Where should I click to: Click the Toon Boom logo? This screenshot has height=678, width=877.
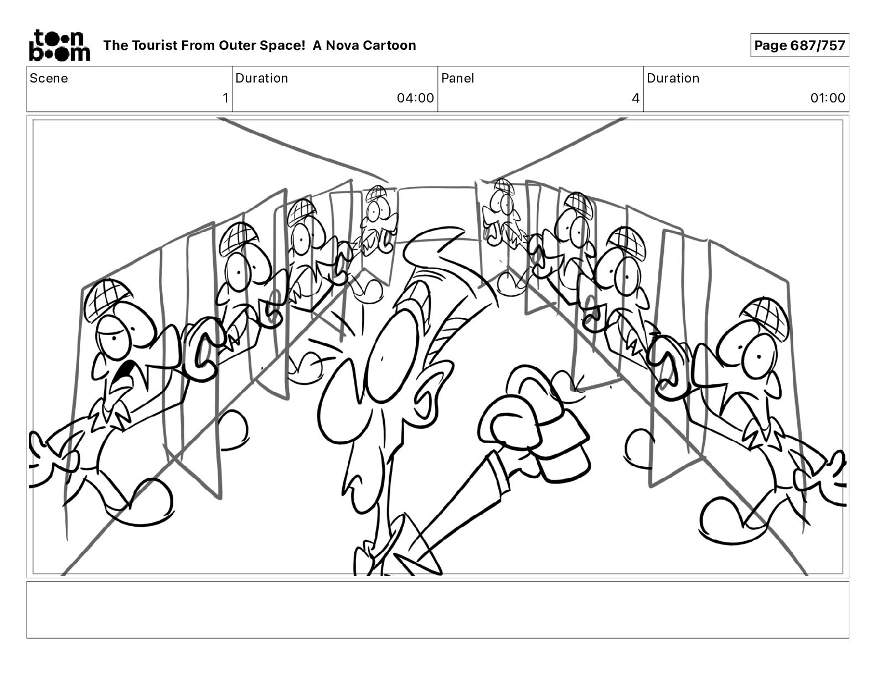(x=59, y=45)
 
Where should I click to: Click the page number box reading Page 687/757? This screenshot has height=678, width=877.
(x=799, y=45)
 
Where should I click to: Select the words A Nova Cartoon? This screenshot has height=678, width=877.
(x=364, y=45)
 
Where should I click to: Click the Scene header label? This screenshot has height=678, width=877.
(x=49, y=78)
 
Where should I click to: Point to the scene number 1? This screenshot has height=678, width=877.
(x=225, y=98)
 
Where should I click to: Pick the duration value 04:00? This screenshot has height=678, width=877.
(x=415, y=98)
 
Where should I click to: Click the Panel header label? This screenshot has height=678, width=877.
(x=457, y=78)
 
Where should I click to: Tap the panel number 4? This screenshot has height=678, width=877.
(x=635, y=98)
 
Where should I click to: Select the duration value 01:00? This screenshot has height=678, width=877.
(x=827, y=98)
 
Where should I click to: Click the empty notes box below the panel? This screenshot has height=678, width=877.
(x=437, y=609)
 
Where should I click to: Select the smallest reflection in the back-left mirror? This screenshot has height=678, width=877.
(x=376, y=222)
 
